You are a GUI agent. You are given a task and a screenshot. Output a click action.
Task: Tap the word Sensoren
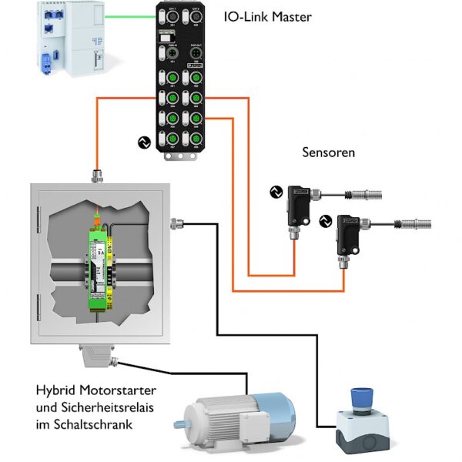click(x=328, y=152)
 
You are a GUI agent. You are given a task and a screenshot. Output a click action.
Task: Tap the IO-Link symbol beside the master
click(x=142, y=142)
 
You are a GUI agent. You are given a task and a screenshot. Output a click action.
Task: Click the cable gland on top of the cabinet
click(x=98, y=176)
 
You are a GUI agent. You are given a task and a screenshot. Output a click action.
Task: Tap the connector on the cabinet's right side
click(x=176, y=224)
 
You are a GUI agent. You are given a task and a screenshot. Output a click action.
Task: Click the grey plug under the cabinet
click(x=97, y=359)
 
